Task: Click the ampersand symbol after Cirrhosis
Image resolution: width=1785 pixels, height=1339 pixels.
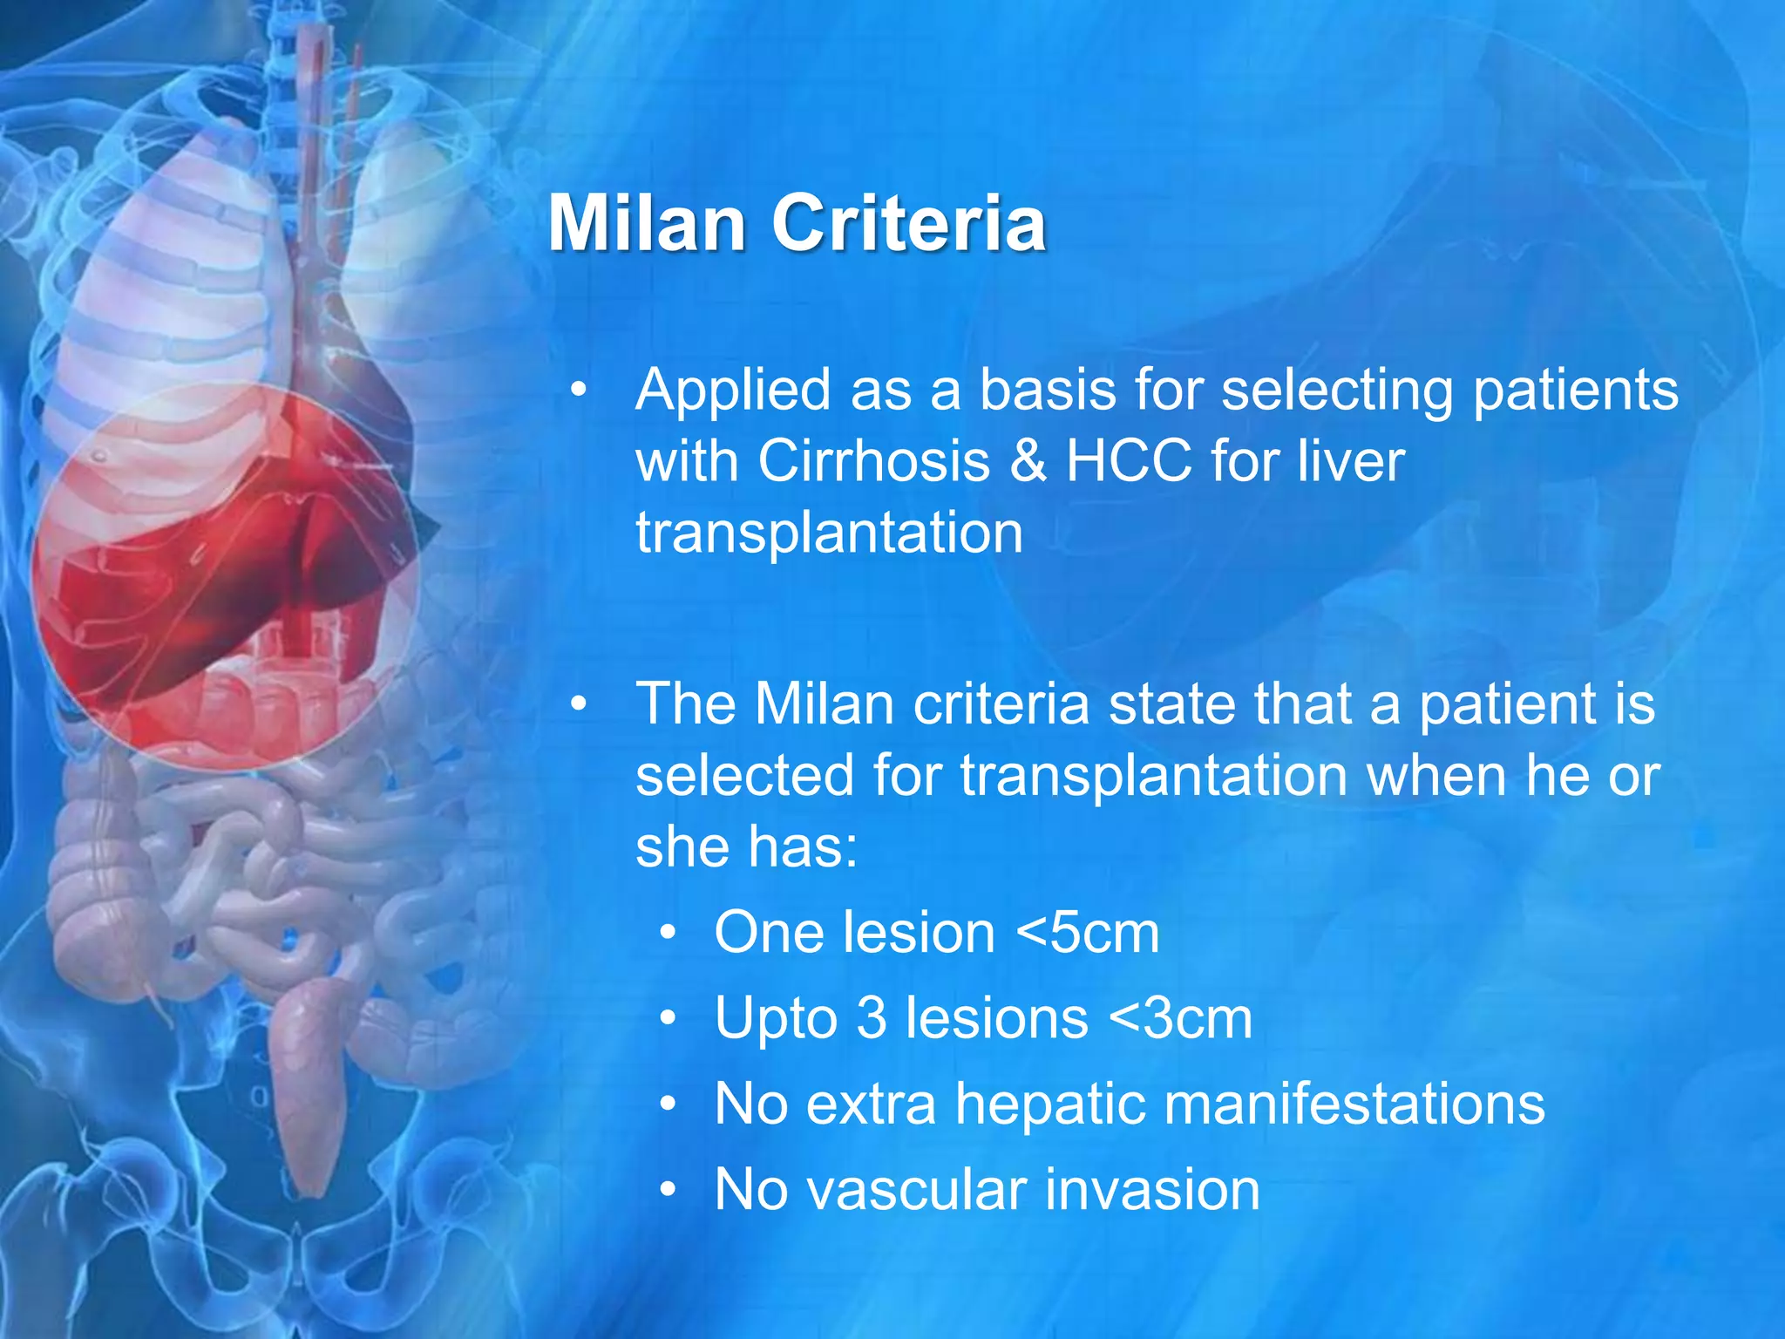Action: [1028, 462]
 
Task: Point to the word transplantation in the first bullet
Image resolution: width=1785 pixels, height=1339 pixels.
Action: [829, 533]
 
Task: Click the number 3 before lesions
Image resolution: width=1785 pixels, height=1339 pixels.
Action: [871, 1018]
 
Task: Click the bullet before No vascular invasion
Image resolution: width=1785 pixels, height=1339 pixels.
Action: [668, 1190]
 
